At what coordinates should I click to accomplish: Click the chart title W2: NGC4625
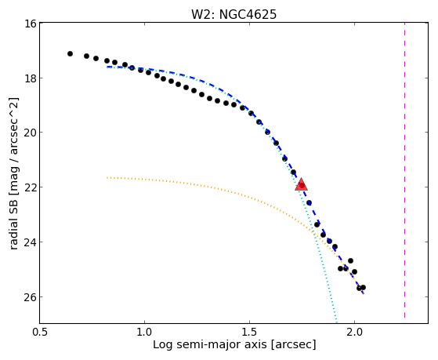233,14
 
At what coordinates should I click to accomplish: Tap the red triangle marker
301,184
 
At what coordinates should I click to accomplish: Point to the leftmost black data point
70,53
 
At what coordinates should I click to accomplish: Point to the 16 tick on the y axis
31,24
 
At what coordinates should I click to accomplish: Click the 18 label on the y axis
31,78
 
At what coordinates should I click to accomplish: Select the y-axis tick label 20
31,133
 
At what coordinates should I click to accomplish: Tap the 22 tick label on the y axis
31,187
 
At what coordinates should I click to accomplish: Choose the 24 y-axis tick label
31,242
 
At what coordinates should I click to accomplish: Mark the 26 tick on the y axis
31,297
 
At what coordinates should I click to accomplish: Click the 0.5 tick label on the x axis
40,333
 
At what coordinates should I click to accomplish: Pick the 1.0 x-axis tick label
144,333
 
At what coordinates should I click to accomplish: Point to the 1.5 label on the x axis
249,333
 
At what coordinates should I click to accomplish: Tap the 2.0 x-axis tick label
354,333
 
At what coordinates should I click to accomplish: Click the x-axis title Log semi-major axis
209,345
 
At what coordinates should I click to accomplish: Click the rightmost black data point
363,288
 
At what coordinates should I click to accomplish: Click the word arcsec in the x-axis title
293,345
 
